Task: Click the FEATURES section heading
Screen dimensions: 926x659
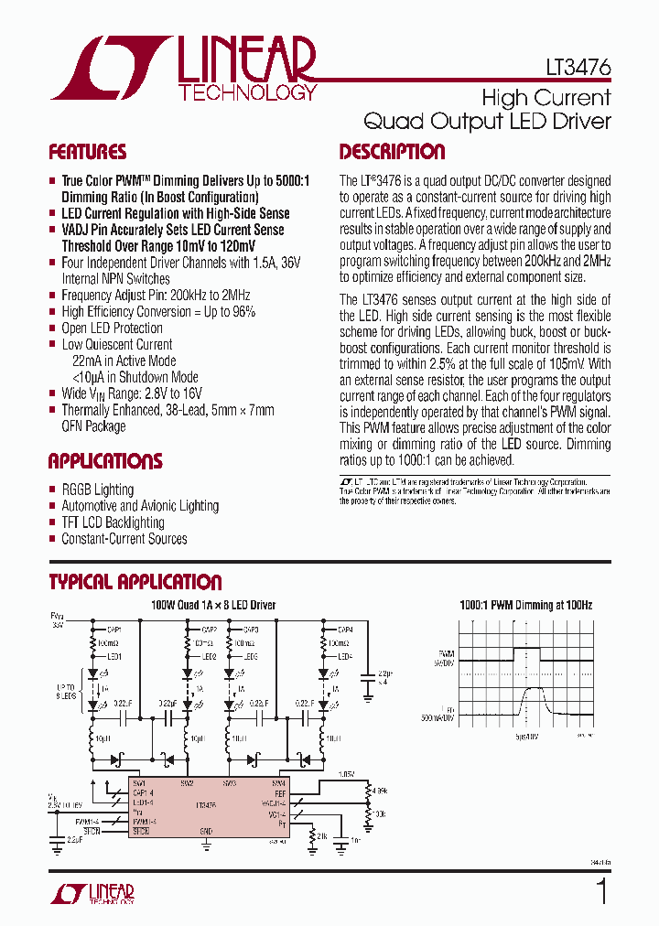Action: pos(87,152)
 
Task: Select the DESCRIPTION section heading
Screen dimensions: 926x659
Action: pos(392,152)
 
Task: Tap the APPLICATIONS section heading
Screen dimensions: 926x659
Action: pos(104,461)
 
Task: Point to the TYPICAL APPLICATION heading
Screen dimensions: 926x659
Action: pos(135,582)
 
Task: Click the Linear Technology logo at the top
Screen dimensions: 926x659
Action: pos(183,69)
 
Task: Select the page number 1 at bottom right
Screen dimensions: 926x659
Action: pos(601,892)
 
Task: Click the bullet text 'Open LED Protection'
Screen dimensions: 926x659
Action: pos(112,328)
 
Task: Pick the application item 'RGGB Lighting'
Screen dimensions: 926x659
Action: pos(97,490)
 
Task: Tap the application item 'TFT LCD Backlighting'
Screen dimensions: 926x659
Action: pos(113,522)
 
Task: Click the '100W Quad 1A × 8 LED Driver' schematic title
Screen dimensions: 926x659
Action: pos(213,605)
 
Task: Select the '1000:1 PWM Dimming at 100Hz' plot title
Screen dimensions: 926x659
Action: pos(525,605)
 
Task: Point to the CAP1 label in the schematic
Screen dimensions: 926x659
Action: pos(115,630)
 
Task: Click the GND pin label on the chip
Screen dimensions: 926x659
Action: pos(207,831)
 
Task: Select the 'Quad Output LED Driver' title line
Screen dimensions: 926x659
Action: pos(487,121)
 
